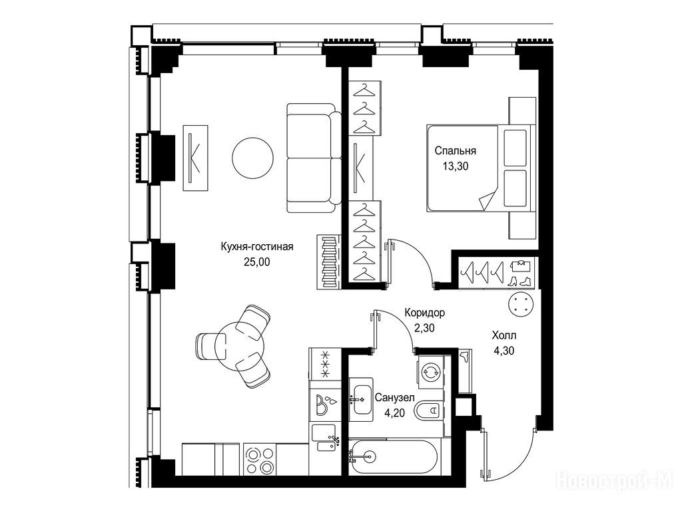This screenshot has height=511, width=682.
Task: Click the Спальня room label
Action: tap(455, 151)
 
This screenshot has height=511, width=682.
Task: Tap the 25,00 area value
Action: tap(256, 261)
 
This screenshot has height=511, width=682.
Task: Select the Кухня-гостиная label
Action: tap(257, 247)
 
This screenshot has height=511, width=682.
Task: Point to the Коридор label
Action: tap(424, 313)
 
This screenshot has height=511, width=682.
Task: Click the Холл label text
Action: tap(504, 335)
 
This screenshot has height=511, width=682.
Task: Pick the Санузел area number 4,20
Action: tap(394, 413)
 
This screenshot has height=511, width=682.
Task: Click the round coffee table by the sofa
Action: tap(253, 158)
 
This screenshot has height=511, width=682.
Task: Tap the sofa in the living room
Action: tap(314, 158)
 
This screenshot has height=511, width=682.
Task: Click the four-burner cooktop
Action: tap(260, 460)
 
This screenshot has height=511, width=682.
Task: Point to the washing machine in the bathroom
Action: tap(431, 372)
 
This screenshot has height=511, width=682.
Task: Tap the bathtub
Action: tap(394, 456)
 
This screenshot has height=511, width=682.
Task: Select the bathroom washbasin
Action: tap(361, 399)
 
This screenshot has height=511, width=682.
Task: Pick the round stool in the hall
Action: tap(521, 305)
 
